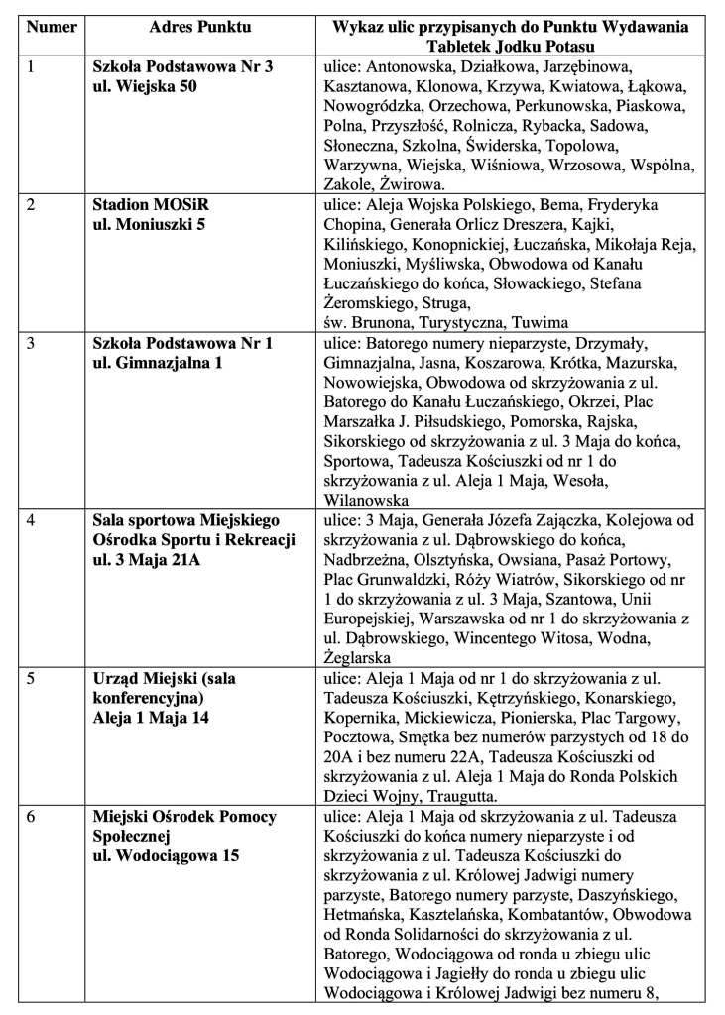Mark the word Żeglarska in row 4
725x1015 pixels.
(x=361, y=657)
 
